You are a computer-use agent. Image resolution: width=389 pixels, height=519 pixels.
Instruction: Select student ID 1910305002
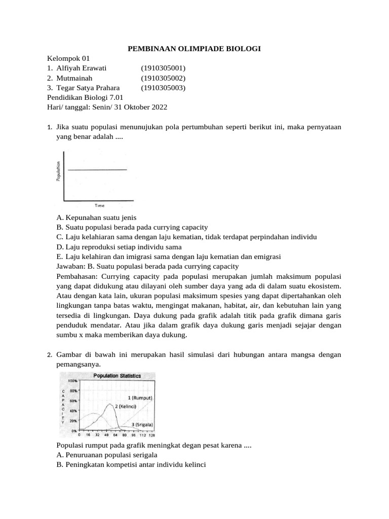point(163,78)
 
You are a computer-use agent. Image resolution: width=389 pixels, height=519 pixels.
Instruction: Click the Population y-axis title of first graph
point(59,171)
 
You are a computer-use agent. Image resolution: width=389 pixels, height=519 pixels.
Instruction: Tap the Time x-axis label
point(100,205)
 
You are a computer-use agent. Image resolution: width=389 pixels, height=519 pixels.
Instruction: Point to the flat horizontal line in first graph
point(97,170)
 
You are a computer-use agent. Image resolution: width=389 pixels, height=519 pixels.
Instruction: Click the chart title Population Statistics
point(117,376)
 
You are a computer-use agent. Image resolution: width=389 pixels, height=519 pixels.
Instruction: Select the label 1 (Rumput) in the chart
point(140,398)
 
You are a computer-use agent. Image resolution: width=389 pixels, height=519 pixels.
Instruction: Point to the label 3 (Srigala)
point(142,424)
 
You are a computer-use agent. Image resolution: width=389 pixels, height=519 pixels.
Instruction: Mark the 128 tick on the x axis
point(151,435)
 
